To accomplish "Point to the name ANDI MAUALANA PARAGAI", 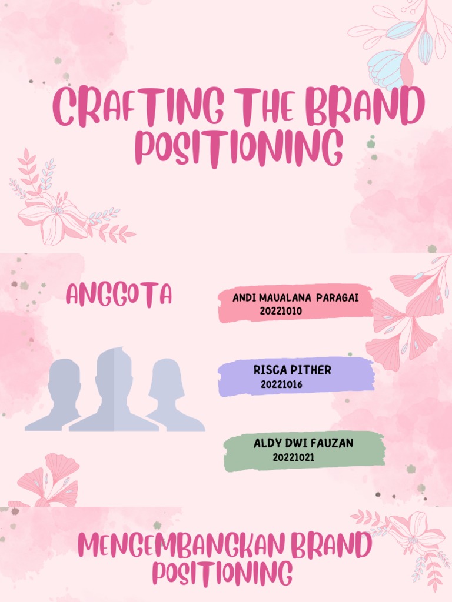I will [295, 298].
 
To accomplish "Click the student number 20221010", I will [281, 311].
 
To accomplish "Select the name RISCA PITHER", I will [292, 370].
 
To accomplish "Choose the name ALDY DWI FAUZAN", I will [303, 443].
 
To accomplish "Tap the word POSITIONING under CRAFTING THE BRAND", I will [239, 148].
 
